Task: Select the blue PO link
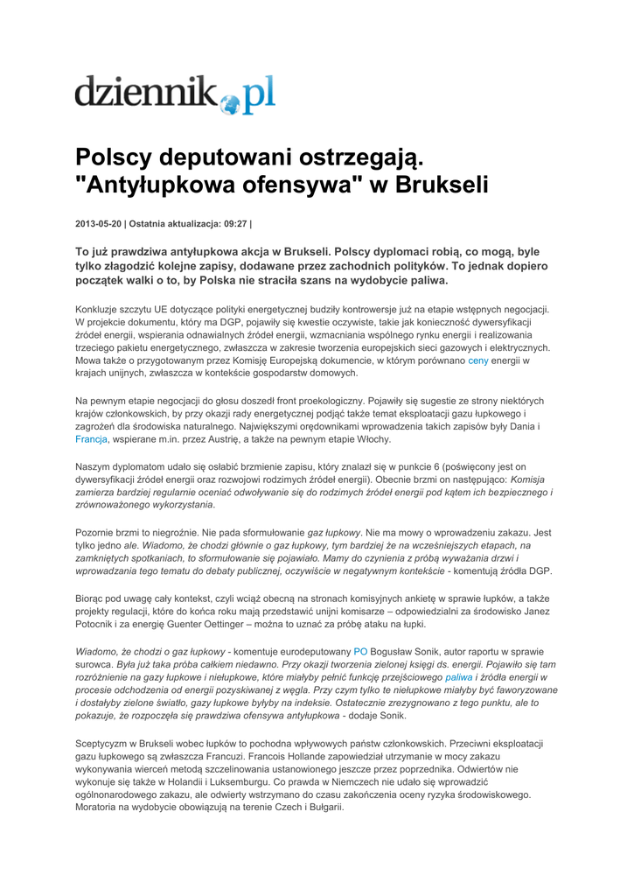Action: tap(360, 652)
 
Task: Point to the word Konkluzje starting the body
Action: tap(101, 309)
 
